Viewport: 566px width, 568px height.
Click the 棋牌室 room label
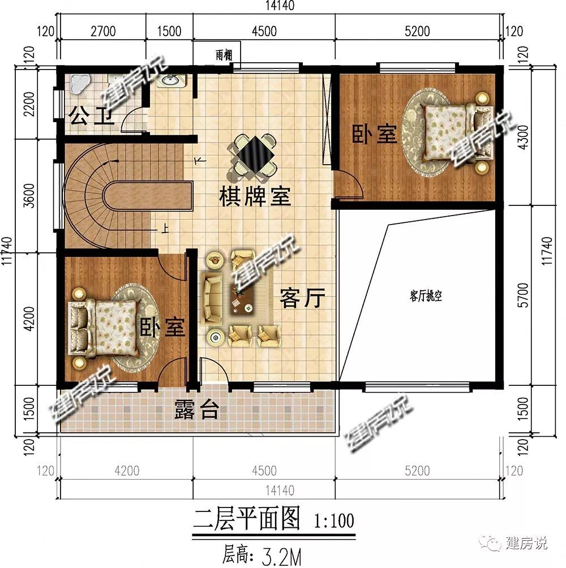click(x=255, y=197)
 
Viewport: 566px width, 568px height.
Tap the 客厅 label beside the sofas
click(x=302, y=298)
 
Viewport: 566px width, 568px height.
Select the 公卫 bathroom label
click(x=91, y=115)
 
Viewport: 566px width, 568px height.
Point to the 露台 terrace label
click(x=197, y=410)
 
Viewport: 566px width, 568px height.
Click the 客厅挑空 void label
click(x=426, y=296)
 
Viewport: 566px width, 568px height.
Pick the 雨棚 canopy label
click(x=224, y=55)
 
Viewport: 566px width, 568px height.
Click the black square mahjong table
click(x=254, y=155)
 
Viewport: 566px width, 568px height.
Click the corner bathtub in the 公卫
click(x=79, y=84)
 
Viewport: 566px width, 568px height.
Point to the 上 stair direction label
click(x=165, y=229)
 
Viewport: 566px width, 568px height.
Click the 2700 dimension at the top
click(x=103, y=31)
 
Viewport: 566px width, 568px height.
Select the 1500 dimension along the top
click(x=169, y=31)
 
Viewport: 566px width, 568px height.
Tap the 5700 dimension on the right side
click(x=523, y=295)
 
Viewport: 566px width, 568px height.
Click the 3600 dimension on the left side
click(x=29, y=196)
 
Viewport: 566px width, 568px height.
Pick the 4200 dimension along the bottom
click(x=127, y=471)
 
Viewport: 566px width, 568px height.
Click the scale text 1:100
click(x=334, y=520)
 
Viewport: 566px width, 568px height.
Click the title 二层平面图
click(x=247, y=519)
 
